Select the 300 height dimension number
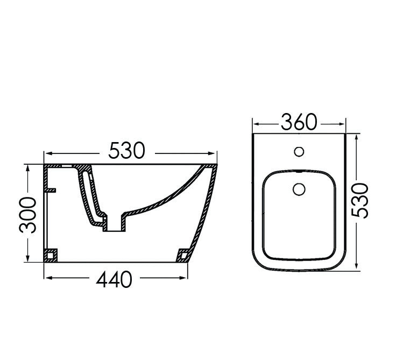(27, 215)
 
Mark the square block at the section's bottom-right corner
(183, 253)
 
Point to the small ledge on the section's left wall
(51, 190)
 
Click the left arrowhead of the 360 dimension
(256, 123)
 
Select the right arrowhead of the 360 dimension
(343, 123)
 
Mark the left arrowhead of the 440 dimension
(47, 278)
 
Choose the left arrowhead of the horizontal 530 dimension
(47, 152)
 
